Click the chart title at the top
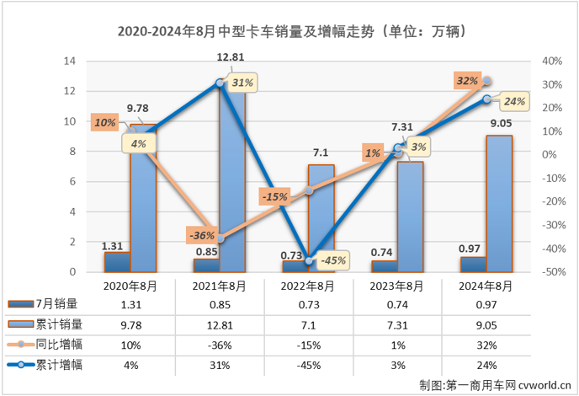pyautogui.click(x=289, y=32)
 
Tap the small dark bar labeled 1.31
pyautogui.click(x=117, y=262)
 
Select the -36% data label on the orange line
pyautogui.click(x=202, y=235)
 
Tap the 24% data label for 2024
pyautogui.click(x=514, y=102)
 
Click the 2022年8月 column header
pyautogui.click(x=308, y=285)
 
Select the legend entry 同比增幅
pyautogui.click(x=52, y=345)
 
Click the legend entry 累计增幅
pyautogui.click(x=52, y=365)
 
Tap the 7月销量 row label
pyautogui.click(x=52, y=304)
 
